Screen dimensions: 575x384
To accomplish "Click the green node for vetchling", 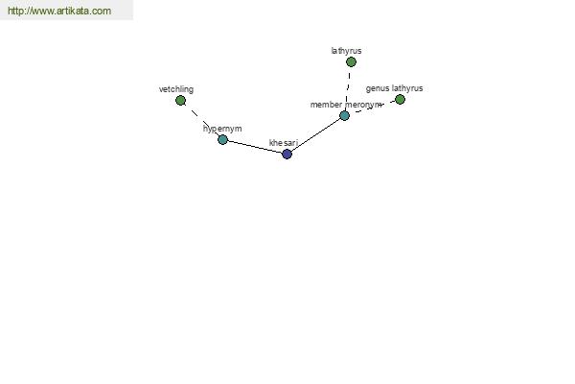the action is [x=180, y=100].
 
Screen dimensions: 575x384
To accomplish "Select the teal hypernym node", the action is [x=222, y=139].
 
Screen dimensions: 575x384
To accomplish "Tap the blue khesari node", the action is [x=287, y=154].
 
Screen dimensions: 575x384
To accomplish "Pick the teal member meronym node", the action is [x=344, y=116].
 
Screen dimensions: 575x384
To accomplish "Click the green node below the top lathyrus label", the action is [x=351, y=61].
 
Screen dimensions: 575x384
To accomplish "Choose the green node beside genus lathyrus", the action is [x=400, y=99].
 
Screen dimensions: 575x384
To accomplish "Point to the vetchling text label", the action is [x=176, y=89].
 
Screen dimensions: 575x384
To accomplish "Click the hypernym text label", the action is [x=222, y=129].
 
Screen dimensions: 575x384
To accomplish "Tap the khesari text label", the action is [x=284, y=143].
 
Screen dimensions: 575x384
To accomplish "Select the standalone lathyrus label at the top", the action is [x=346, y=51].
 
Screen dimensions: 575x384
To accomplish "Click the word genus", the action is [x=378, y=88].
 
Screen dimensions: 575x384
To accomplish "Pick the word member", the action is [x=326, y=105].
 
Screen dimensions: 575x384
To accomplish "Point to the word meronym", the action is [x=363, y=105].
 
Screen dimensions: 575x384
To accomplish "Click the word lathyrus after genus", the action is [x=407, y=88].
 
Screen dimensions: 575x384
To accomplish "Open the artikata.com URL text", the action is [x=59, y=11].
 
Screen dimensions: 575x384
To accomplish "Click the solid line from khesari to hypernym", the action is [x=255, y=147].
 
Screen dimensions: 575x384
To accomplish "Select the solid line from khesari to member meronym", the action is [x=315, y=134].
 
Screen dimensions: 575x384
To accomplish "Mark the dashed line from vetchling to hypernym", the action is [x=200, y=119].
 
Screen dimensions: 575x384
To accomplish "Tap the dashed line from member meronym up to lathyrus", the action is [x=348, y=89].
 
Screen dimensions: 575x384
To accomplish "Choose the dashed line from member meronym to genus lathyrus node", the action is [x=372, y=108].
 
